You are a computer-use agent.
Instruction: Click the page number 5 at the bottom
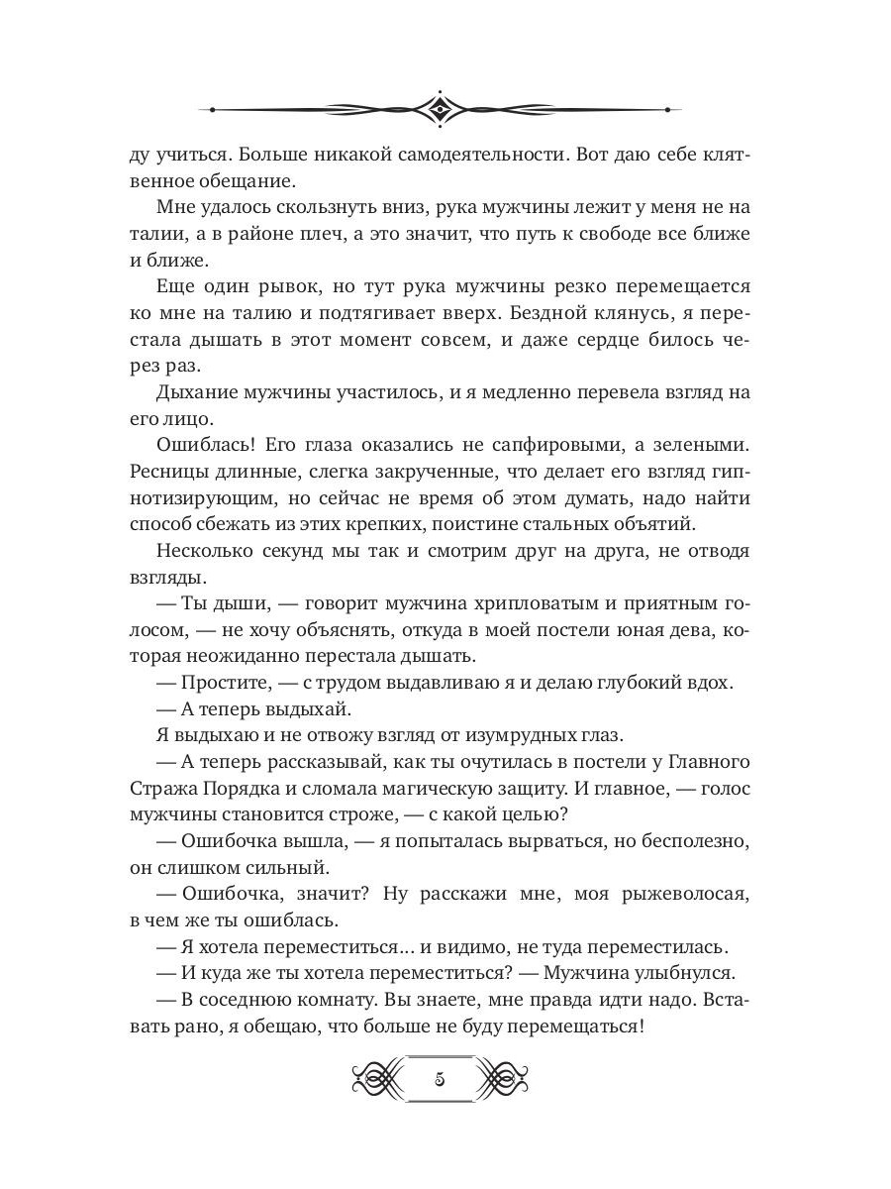click(x=439, y=1079)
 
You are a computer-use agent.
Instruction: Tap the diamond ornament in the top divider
click(x=439, y=109)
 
